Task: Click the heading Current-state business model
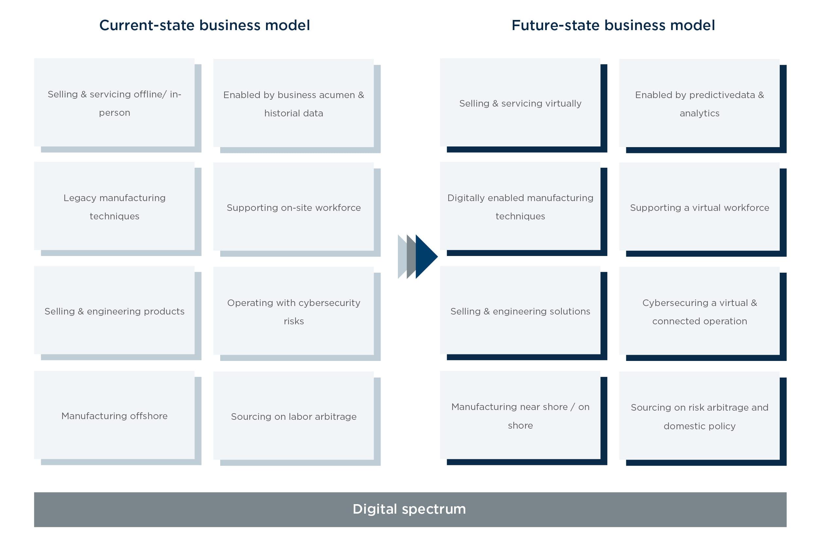[x=204, y=26]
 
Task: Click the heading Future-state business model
[x=613, y=26]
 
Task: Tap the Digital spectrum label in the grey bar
[x=409, y=509]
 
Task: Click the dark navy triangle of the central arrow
[x=425, y=257]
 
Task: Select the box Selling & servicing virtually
[x=520, y=103]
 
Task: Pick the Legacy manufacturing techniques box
[x=115, y=207]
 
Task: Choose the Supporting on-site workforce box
[x=293, y=208]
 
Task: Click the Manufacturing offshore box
[x=115, y=416]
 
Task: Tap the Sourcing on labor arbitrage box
[x=293, y=417]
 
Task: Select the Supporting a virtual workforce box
[x=700, y=208]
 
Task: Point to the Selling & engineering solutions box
[x=520, y=311]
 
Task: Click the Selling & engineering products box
[x=115, y=311]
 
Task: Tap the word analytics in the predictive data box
[x=700, y=113]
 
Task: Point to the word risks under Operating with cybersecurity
[x=293, y=321]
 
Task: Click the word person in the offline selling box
[x=115, y=112]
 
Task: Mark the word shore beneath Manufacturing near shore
[x=520, y=425]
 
